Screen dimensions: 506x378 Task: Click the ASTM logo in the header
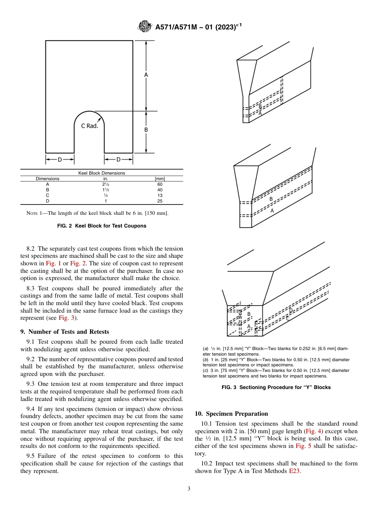(x=144, y=27)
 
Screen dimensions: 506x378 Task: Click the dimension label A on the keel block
(x=146, y=75)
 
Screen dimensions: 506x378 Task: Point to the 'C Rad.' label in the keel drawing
(x=90, y=126)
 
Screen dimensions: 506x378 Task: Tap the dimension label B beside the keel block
(x=146, y=130)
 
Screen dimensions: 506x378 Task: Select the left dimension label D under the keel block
(x=60, y=160)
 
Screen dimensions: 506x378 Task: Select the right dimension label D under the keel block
(x=118, y=160)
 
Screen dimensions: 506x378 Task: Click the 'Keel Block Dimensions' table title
(x=101, y=173)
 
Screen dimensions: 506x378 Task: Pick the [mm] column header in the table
(x=160, y=179)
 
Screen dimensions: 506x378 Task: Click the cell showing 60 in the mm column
(x=160, y=184)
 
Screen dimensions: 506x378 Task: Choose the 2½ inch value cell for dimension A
(x=103, y=184)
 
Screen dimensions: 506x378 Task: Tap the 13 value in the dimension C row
(x=160, y=195)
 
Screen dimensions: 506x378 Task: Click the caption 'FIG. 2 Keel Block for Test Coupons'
(x=101, y=226)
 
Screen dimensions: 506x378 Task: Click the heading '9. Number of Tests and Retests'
(x=65, y=332)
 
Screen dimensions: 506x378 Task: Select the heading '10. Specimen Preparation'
(x=232, y=414)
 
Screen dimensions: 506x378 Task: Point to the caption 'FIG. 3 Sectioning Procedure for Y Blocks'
(x=276, y=387)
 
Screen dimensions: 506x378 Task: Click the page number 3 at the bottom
(x=189, y=489)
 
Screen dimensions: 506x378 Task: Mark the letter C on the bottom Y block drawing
(x=288, y=318)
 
